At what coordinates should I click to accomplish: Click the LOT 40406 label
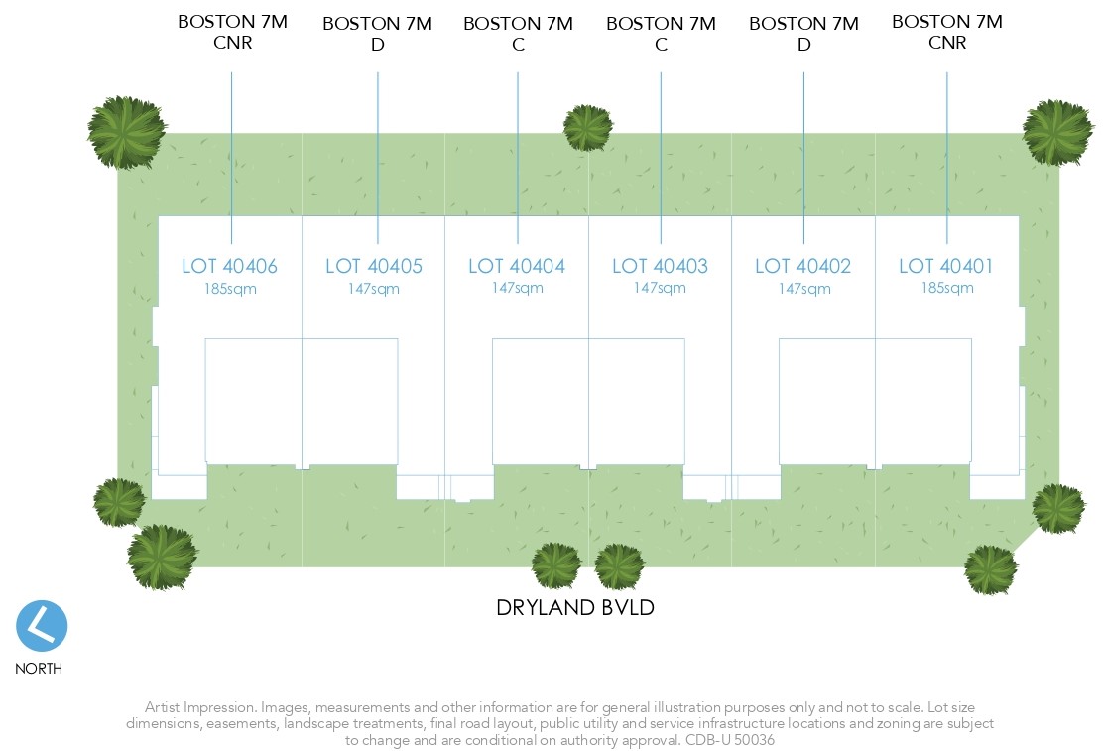(x=229, y=266)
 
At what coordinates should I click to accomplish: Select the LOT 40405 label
(x=374, y=266)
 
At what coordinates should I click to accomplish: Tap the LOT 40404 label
(x=517, y=266)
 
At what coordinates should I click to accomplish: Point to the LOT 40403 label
(x=661, y=266)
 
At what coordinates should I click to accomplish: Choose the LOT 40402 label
(x=803, y=266)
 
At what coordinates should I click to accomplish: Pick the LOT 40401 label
(x=946, y=266)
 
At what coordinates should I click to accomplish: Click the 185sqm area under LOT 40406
(x=229, y=289)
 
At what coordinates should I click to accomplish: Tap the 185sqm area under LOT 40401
(x=946, y=289)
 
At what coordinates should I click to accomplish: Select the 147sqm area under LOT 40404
(x=517, y=289)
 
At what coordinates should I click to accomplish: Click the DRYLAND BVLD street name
(x=575, y=608)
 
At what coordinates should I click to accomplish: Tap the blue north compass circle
(x=42, y=626)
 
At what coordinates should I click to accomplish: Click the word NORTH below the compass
(x=39, y=669)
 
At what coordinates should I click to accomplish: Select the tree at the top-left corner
(x=126, y=132)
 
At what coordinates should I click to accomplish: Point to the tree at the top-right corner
(x=1057, y=131)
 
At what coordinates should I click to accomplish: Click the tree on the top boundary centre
(x=588, y=128)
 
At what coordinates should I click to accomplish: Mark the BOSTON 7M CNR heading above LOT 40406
(x=232, y=32)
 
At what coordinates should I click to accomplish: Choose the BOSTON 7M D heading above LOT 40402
(x=803, y=34)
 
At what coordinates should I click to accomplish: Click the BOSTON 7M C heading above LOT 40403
(x=661, y=34)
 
